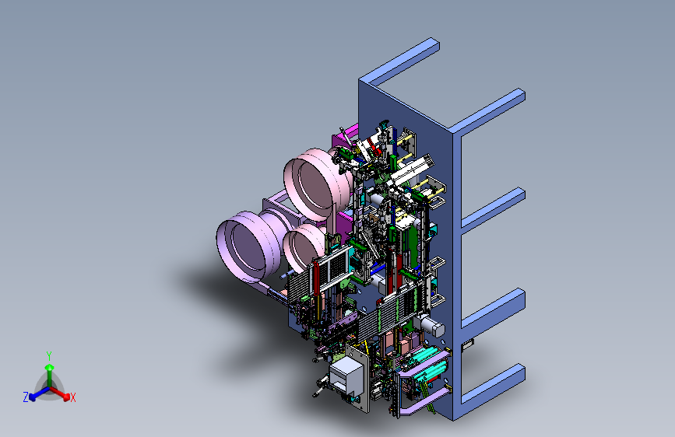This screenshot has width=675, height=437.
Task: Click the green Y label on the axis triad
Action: point(49,355)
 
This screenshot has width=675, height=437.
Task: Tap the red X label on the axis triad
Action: point(72,398)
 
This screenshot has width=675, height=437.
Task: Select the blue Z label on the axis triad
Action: point(26,397)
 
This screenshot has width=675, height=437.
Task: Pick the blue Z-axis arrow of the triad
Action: point(40,393)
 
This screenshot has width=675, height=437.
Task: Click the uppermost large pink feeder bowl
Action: point(318,183)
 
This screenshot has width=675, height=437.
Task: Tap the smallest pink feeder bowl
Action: point(304,246)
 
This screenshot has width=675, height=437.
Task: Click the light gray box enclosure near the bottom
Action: point(345,374)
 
